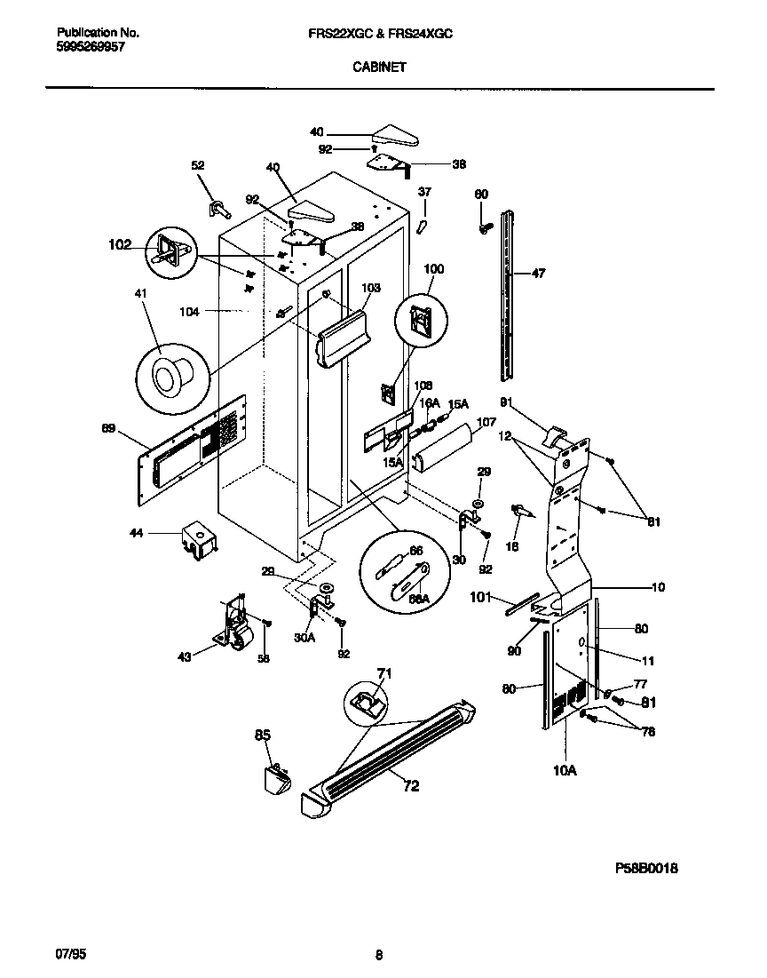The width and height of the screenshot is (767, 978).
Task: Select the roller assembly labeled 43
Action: click(235, 625)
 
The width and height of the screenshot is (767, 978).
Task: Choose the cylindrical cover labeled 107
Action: click(449, 449)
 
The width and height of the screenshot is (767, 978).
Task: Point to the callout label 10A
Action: click(565, 770)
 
